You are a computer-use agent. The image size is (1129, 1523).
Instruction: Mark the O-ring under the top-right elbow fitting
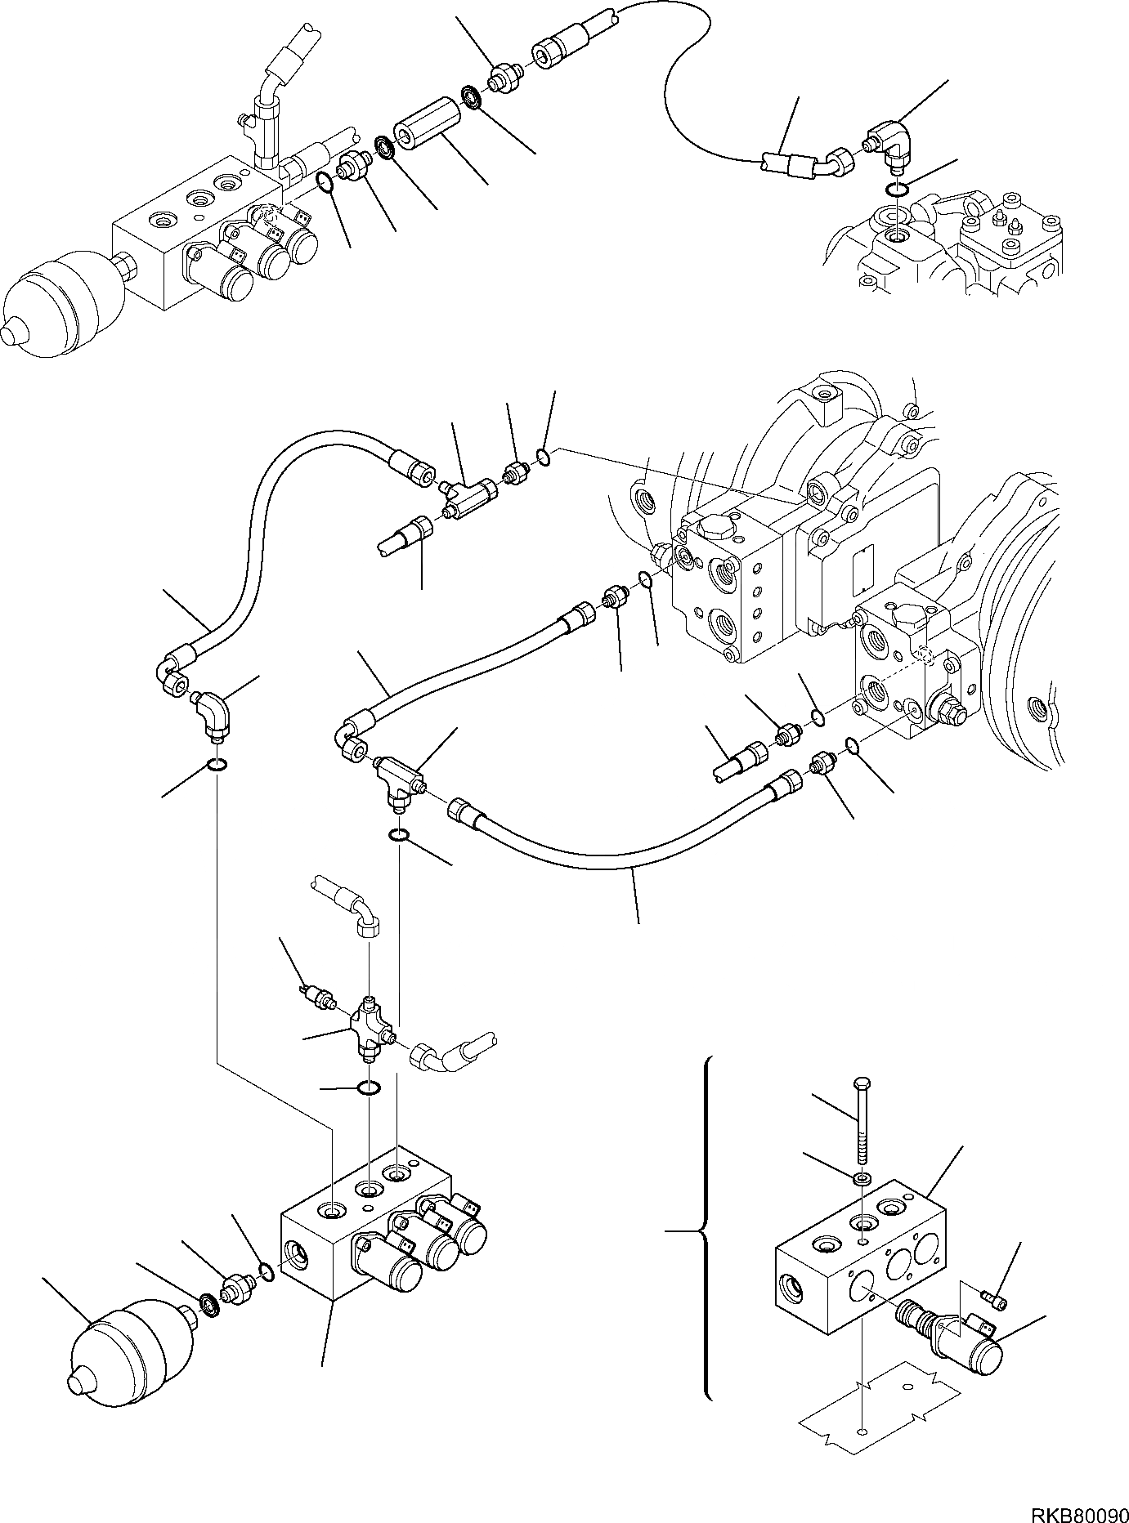(x=897, y=190)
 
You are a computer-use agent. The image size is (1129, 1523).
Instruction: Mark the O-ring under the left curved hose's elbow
(x=217, y=765)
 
